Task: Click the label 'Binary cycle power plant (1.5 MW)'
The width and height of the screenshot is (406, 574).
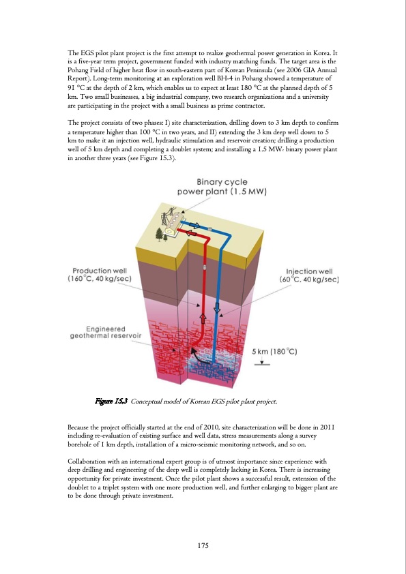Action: (222, 186)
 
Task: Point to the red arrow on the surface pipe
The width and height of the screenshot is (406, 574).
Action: (194, 234)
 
